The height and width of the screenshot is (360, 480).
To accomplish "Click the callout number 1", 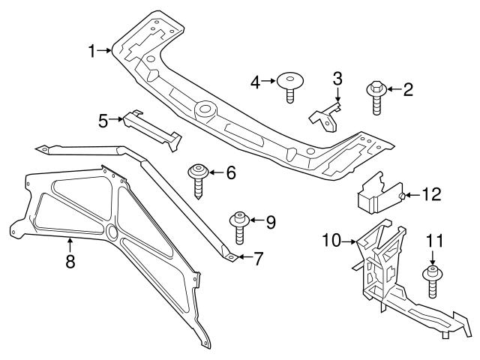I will pyautogui.click(x=91, y=51).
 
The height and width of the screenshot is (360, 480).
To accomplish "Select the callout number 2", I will pyautogui.click(x=408, y=91).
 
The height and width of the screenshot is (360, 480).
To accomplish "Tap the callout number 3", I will pyautogui.click(x=337, y=79).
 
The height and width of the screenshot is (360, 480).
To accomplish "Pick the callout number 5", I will pyautogui.click(x=103, y=118).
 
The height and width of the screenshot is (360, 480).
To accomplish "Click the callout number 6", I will pyautogui.click(x=230, y=173).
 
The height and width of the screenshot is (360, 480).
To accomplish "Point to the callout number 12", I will pyautogui.click(x=431, y=196).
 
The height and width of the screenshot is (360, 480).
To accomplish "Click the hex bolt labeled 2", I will pyautogui.click(x=376, y=97).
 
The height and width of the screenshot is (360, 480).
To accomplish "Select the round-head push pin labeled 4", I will pyautogui.click(x=289, y=85).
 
